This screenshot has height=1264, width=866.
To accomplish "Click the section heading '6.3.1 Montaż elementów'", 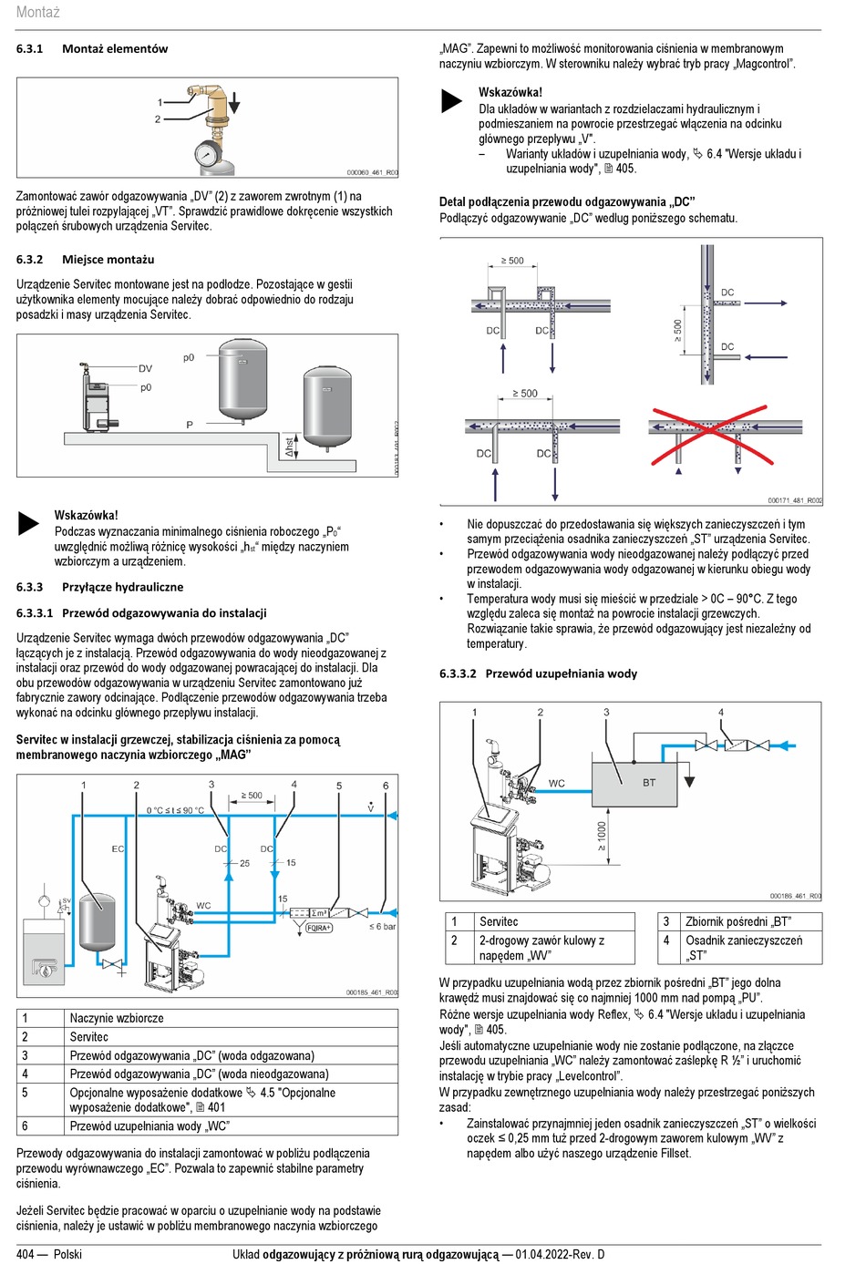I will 92,49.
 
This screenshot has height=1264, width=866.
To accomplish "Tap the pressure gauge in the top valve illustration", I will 209,154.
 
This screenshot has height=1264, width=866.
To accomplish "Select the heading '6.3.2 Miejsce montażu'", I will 85,260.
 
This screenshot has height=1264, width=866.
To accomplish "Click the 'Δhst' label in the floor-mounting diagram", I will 290,447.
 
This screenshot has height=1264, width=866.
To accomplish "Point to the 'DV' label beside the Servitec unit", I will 145,369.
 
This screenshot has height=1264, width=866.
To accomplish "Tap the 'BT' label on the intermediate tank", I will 649,783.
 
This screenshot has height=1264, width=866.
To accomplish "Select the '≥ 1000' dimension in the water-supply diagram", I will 602,836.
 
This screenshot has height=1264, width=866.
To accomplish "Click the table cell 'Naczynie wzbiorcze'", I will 117,1018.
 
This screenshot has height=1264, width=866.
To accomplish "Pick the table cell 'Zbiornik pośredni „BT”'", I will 738,921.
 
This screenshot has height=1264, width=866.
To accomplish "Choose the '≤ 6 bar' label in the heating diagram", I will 382,927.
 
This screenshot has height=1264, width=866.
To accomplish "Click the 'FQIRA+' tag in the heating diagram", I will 319,928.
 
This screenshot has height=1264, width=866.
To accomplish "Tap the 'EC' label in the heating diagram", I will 118,849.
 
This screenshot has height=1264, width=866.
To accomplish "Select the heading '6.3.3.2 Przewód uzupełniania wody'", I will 538,674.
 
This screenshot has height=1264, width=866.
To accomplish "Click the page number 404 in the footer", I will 26,1254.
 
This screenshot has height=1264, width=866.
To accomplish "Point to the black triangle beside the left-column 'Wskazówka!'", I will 29,523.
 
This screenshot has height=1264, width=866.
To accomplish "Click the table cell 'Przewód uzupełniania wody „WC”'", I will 149,1125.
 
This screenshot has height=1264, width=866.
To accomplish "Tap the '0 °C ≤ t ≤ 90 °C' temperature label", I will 176,810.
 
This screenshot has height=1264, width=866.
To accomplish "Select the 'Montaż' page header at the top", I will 37,13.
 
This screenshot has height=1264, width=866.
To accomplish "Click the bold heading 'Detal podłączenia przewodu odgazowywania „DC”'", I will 566,202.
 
